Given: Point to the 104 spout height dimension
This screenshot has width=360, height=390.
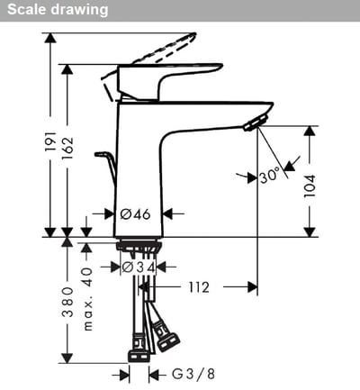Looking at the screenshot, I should pyautogui.click(x=310, y=186).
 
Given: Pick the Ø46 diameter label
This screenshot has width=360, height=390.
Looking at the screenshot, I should pyautogui.click(x=135, y=214).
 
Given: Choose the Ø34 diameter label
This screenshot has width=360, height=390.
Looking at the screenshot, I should pyautogui.click(x=139, y=268).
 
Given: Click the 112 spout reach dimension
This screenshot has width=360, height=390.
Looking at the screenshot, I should pyautogui.click(x=199, y=287).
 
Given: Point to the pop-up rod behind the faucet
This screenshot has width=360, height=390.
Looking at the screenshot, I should pyautogui.click(x=107, y=167).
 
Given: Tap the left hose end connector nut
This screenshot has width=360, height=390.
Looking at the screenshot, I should pyautogui.click(x=139, y=344).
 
